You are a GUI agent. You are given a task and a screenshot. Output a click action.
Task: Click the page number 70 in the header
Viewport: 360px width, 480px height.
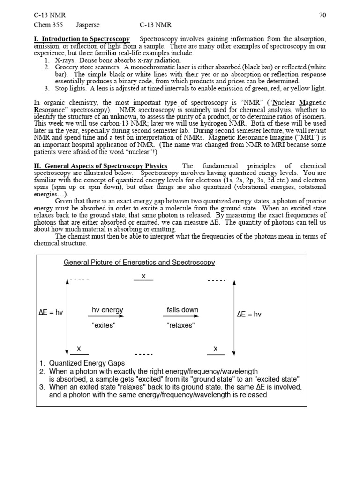pos(322,15)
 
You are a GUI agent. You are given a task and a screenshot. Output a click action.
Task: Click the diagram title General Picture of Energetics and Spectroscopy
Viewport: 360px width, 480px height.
pos(139,262)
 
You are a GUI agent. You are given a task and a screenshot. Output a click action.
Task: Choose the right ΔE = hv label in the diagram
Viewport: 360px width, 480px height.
pos(249,314)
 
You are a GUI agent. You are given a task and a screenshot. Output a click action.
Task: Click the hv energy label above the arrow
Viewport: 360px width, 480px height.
pos(107,310)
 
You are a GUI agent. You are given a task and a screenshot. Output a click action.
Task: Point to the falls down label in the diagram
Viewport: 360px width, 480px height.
pos(182,310)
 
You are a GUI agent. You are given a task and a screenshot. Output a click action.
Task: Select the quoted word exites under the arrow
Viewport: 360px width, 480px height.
pos(104,325)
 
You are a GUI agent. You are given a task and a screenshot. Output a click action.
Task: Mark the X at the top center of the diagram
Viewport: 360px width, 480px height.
pos(144,277)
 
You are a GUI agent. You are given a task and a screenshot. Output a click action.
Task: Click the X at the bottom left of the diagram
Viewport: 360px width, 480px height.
pos(79,349)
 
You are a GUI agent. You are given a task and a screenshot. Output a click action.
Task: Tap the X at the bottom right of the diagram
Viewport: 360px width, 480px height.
pos(216,349)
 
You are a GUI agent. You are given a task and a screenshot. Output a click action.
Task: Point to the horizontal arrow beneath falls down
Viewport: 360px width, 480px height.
pos(182,317)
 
